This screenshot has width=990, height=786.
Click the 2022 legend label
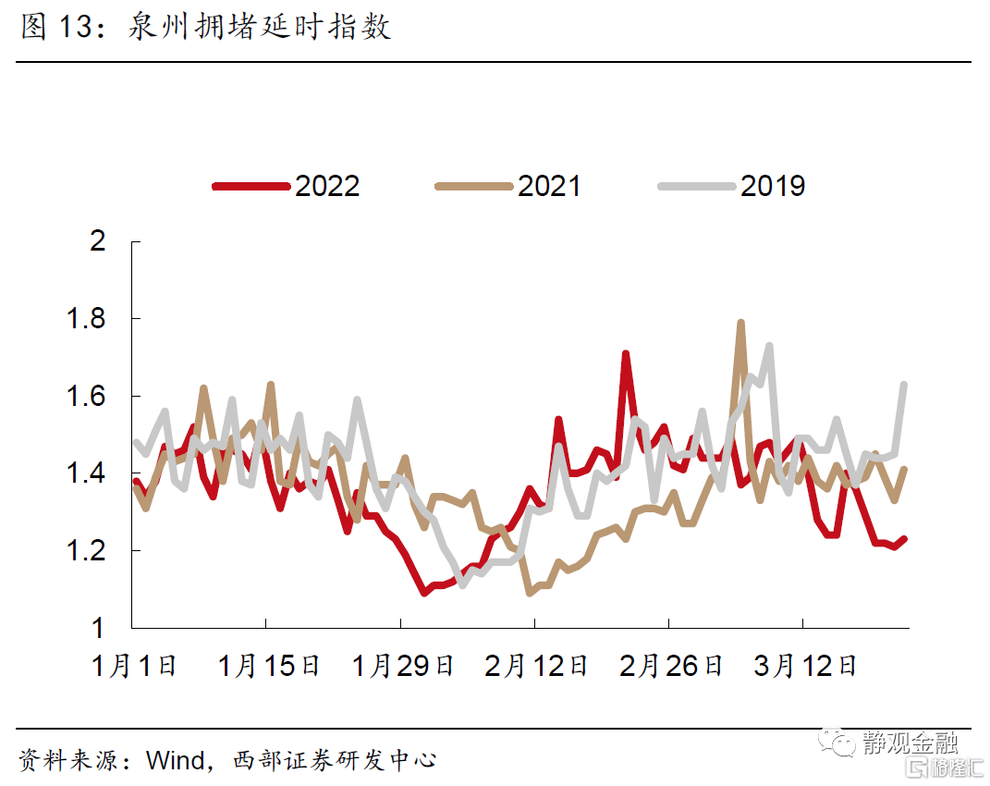pos(327,186)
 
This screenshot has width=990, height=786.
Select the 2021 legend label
pos(549,186)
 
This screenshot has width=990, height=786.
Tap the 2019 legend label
pos(773,186)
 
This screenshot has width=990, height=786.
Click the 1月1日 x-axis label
pos(135,666)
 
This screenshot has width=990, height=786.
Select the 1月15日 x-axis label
pos(269,666)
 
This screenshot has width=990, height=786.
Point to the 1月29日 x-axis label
pos(403,666)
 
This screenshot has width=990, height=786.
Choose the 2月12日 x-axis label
pos(537,666)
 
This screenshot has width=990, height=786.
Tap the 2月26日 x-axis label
pos(671,666)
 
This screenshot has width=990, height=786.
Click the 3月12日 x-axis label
pos(805,666)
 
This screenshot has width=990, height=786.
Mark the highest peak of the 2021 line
pos(740,323)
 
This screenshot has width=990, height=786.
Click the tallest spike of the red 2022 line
pos(626,353)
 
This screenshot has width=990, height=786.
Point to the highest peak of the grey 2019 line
pos(769,346)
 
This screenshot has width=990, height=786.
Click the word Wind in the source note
pos(176,761)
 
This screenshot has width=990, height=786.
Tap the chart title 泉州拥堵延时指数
pos(259,28)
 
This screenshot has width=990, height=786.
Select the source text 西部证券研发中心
pos(334,761)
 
